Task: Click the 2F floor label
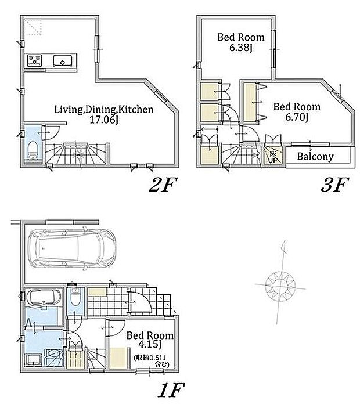[x=163, y=185]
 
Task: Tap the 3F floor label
[x=335, y=185]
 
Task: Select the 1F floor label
[x=171, y=390]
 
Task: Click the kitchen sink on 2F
[x=63, y=60]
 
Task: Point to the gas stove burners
[x=35, y=60]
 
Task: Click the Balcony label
[x=315, y=156]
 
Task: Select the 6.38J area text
[x=241, y=48]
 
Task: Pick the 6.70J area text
[x=297, y=118]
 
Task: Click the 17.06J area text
[x=104, y=120]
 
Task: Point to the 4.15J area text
[x=150, y=345]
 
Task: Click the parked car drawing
[x=72, y=248]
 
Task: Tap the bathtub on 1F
[x=44, y=297]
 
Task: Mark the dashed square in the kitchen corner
[x=33, y=27]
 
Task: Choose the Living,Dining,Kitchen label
[x=104, y=110]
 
